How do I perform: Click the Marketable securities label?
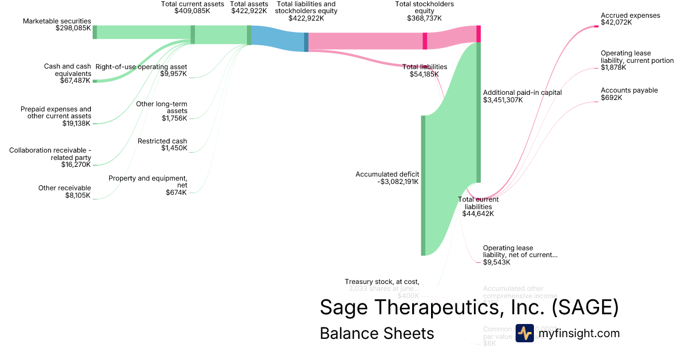coord(57,21)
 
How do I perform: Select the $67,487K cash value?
coord(75,81)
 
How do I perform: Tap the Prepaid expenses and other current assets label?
coord(55,113)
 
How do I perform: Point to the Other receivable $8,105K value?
coord(78,195)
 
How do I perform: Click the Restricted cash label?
coord(162,141)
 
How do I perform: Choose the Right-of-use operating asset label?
coord(141,66)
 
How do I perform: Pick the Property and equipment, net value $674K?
coord(176,193)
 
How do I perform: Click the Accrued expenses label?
coord(630,15)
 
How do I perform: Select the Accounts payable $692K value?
coord(611,98)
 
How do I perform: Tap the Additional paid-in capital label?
coord(522,92)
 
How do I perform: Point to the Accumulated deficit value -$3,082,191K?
coord(398,182)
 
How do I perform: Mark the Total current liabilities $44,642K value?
coord(478,214)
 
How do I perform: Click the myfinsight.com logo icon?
coord(524,333)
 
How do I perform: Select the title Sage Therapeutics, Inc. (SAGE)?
coord(469,307)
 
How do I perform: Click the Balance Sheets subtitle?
coord(377,333)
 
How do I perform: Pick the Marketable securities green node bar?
coord(95,32)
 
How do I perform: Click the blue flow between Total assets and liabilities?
coord(278,39)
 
